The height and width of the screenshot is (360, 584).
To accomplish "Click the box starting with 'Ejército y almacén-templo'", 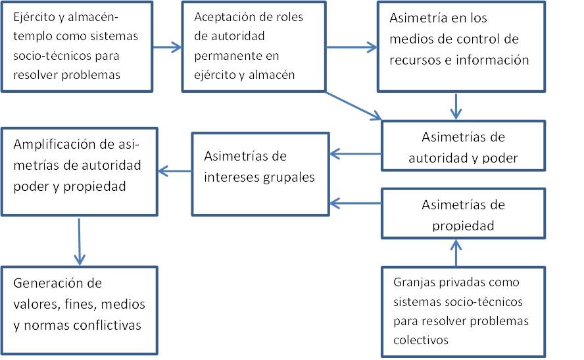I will (78, 45).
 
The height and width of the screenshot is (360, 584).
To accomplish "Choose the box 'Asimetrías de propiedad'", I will (463, 215).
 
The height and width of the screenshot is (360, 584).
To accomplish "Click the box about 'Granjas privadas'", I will (463, 311).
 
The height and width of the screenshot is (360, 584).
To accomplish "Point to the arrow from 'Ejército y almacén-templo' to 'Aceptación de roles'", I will (168, 47).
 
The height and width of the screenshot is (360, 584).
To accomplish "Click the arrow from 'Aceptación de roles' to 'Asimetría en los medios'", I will (351, 47).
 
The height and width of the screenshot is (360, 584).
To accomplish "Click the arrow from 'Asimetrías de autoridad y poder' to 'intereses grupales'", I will (356, 155).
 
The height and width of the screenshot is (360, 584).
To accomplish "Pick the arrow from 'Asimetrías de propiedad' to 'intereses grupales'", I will (356, 203).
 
